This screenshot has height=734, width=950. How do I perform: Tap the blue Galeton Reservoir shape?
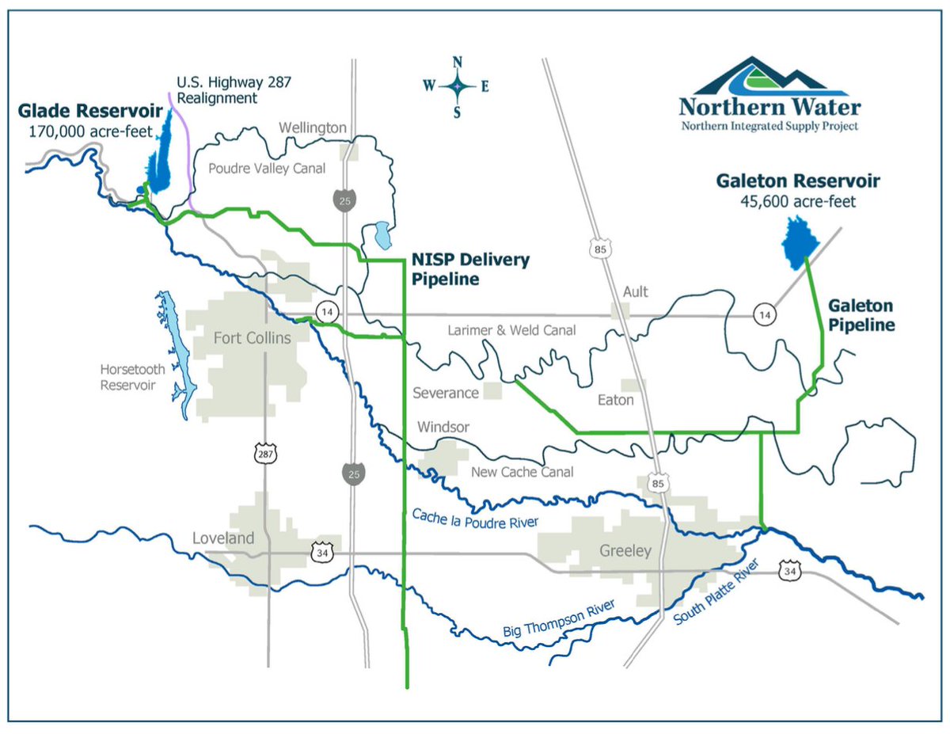[x=796, y=241]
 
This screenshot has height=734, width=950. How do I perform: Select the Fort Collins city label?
[x=253, y=338]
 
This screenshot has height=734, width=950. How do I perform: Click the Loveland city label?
[x=224, y=538]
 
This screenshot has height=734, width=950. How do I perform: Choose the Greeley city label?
[x=625, y=550]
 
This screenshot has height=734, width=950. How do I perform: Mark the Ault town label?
[x=635, y=291]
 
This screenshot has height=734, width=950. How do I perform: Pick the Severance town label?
[x=445, y=393]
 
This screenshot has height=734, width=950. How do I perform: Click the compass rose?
[x=457, y=87]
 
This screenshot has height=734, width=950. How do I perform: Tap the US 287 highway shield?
[x=263, y=454]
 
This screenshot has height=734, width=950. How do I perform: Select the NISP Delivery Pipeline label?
[x=470, y=269]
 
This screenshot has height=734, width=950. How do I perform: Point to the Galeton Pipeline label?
[x=861, y=314]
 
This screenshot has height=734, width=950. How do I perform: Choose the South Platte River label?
[x=716, y=595]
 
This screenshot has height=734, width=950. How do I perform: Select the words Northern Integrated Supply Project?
[x=769, y=127]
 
